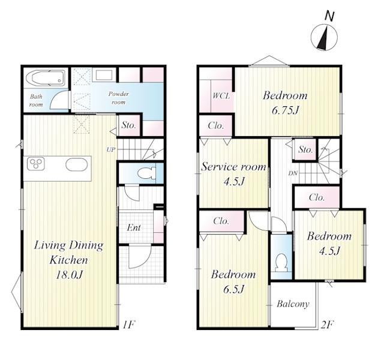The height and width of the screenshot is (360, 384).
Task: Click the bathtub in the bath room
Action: (46, 78)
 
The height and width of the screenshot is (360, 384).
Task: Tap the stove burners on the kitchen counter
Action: (36, 164)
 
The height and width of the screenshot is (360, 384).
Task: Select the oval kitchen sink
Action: (76, 164)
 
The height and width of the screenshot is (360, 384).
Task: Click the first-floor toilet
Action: (146, 173)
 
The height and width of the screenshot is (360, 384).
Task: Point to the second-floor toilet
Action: (281, 263)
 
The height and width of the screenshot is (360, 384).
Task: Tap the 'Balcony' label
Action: (293, 304)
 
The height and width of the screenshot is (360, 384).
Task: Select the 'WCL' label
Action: (221, 95)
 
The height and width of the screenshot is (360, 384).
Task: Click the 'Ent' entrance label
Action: (134, 228)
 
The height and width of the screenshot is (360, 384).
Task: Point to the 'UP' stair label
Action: (111, 149)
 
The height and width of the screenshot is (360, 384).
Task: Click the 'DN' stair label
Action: (293, 173)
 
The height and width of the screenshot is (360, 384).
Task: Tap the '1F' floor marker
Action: (128, 325)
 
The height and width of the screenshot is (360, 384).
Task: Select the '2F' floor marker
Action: (327, 325)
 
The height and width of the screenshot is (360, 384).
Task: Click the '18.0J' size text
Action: (69, 275)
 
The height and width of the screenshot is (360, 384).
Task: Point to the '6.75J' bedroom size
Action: (286, 110)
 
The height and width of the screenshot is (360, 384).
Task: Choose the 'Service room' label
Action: (233, 167)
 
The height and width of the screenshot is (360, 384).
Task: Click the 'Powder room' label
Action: (119, 98)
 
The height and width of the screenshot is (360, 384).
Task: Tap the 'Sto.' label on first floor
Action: (129, 125)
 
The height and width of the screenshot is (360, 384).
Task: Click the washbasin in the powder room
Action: (104, 74)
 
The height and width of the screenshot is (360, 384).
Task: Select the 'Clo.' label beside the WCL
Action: (216, 125)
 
